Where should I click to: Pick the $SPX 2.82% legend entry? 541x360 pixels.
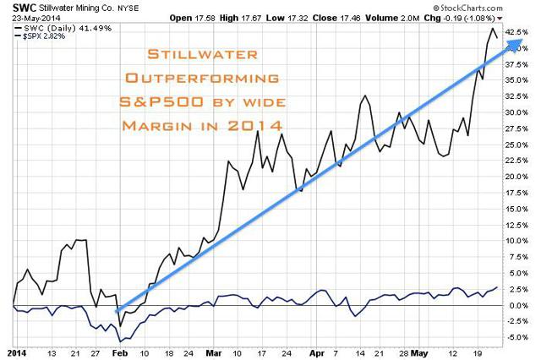(43, 37)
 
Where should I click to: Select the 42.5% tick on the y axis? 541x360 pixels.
(518, 32)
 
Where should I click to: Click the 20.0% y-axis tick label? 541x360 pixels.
(518, 177)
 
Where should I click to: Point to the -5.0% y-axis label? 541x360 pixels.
(518, 337)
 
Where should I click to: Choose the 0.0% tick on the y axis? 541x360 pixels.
(516, 305)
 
